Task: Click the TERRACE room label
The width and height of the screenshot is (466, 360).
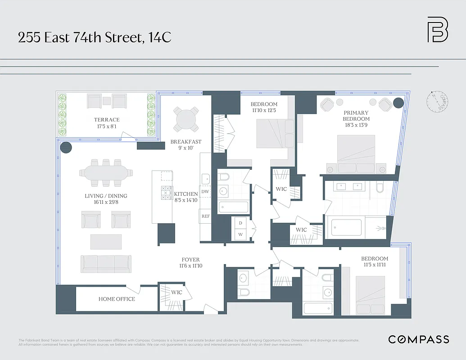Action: click(x=107, y=120)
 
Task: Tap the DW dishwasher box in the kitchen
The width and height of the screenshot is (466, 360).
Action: click(x=205, y=192)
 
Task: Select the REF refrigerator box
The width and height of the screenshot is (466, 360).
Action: click(x=205, y=216)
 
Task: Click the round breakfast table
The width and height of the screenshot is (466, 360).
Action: click(x=186, y=119)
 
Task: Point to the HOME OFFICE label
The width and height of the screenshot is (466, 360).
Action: click(x=117, y=299)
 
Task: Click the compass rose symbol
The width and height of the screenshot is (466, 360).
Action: click(x=437, y=102)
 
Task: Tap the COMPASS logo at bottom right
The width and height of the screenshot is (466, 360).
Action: click(x=418, y=339)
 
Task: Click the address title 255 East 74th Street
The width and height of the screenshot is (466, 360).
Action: click(x=95, y=37)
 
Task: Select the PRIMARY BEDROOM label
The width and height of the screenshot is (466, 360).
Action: click(x=356, y=116)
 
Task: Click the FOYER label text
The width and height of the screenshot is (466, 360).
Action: click(x=190, y=260)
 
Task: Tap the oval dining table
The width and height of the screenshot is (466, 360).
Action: click(x=106, y=172)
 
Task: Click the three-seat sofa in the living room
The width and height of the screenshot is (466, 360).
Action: click(x=106, y=263)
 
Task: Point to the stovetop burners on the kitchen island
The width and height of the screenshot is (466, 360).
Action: click(x=166, y=194)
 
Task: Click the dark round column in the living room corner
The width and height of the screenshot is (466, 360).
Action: click(x=66, y=148)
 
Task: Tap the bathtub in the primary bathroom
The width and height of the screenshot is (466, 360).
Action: click(x=347, y=227)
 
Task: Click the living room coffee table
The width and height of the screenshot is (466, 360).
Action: click(x=106, y=242)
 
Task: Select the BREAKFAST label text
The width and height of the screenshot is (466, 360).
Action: click(x=186, y=142)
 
